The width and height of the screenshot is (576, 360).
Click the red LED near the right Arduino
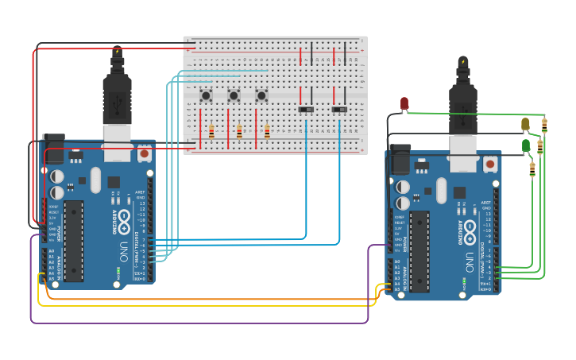tap(404, 103)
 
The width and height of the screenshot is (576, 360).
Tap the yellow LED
tap(525, 124)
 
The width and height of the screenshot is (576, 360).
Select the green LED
tap(526, 145)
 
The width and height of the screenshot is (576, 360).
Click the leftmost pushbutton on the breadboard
tap(206, 96)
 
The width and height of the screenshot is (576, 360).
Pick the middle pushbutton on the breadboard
tap(234, 96)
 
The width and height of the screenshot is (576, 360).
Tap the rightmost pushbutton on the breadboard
tap(261, 96)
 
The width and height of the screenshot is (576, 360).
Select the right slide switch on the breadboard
tap(339, 109)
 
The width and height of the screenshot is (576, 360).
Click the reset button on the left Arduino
tap(144, 153)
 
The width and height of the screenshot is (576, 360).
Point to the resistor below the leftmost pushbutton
tap(211, 132)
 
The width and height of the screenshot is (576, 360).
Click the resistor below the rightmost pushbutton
tap(267, 132)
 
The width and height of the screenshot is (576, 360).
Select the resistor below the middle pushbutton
tap(239, 132)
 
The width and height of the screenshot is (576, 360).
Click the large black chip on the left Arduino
tap(74, 241)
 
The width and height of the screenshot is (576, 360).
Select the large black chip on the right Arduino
tap(419, 251)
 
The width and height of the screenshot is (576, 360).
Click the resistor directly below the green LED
tap(532, 168)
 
